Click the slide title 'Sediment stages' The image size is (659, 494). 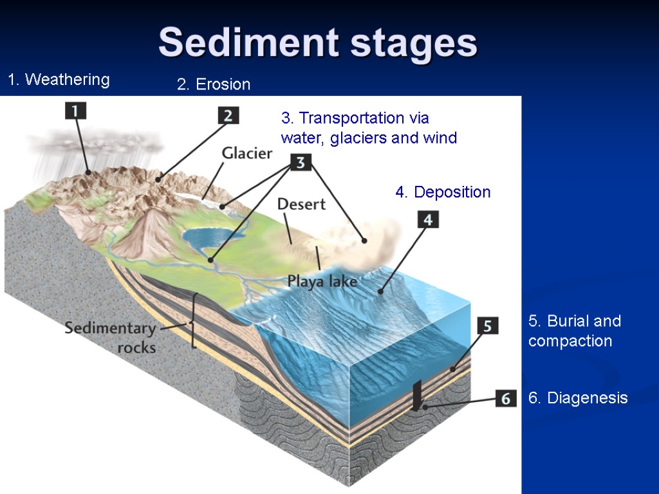click(318, 42)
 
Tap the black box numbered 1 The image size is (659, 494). click(75, 111)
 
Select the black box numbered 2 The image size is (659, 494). click(228, 116)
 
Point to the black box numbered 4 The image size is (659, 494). click(428, 219)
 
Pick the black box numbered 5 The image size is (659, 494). click(487, 325)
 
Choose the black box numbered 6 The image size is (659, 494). click(506, 399)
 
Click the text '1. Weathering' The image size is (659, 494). click(59, 80)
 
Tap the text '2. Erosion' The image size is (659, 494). click(214, 84)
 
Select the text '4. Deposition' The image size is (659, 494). click(443, 192)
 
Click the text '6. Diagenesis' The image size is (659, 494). click(578, 398)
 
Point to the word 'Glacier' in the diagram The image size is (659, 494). click(247, 153)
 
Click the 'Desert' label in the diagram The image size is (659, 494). click(301, 205)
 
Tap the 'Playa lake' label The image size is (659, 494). click(322, 281)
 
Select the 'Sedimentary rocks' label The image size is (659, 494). click(110, 338)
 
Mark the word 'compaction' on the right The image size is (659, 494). click(570, 341)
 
